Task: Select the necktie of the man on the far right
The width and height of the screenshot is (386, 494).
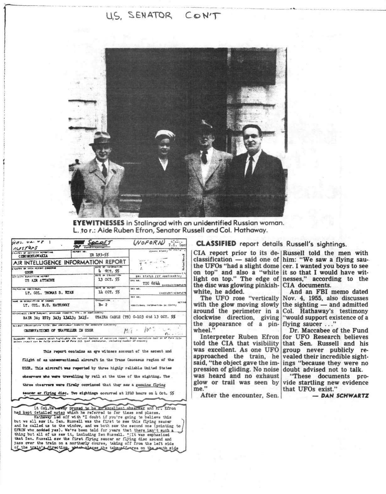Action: tap(249, 170)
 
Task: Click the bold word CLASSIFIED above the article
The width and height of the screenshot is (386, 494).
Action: tap(216, 244)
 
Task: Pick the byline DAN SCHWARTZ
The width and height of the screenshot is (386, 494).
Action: tap(345, 396)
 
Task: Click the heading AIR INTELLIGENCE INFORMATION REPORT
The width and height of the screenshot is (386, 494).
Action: tap(70, 262)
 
